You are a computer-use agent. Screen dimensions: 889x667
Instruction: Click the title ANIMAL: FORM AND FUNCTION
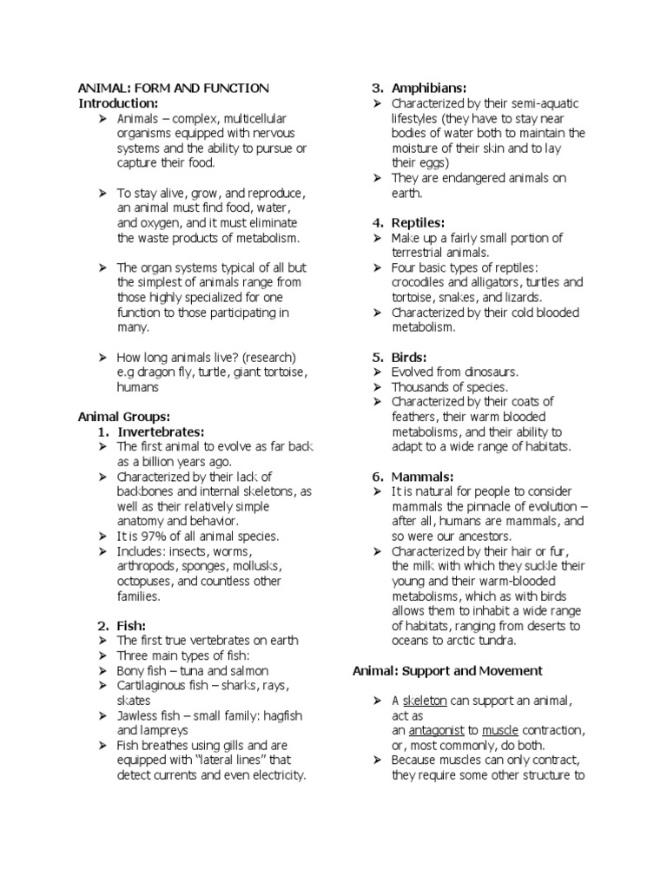tap(174, 89)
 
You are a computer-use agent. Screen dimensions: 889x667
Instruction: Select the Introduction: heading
tap(119, 103)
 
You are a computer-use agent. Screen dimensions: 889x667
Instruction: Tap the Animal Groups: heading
tap(124, 416)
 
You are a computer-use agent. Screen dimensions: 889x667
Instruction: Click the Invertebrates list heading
tap(161, 431)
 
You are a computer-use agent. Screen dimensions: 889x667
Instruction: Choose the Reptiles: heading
tap(418, 223)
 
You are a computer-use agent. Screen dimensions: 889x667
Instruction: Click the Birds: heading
tap(408, 357)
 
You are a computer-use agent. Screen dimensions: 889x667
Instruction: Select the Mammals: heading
tap(422, 477)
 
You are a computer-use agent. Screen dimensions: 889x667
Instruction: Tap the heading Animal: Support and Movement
tap(447, 670)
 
